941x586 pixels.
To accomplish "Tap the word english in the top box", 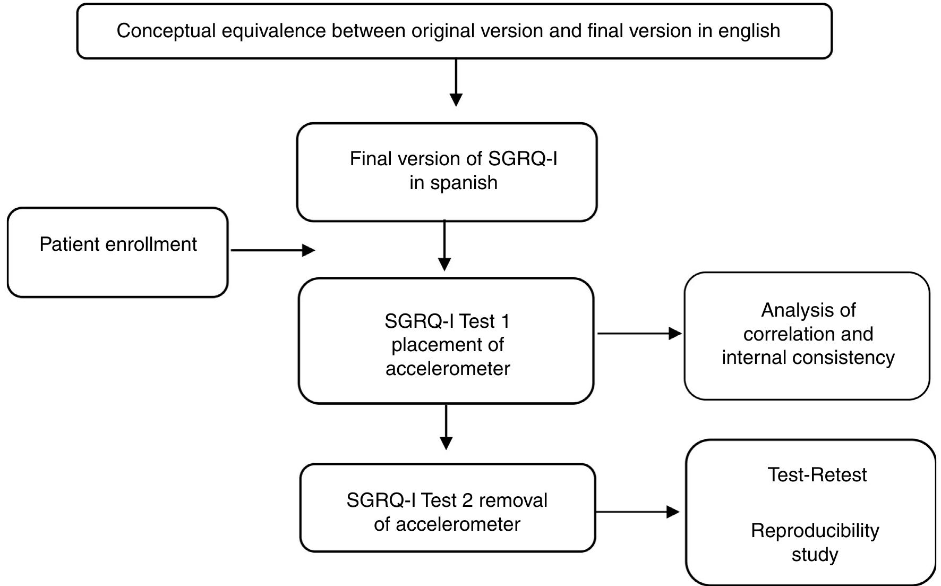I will (749, 31).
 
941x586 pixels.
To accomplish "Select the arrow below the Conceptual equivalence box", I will (456, 83).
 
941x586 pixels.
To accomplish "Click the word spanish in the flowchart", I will (464, 183).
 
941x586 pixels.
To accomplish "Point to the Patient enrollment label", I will (118, 244).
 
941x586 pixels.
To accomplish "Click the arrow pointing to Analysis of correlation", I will (639, 334).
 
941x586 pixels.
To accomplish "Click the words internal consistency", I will (808, 358).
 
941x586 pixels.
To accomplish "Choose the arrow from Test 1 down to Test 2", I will (446, 428).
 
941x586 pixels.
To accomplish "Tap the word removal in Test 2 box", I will (514, 500).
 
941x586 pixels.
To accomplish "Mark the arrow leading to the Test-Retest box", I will (637, 512).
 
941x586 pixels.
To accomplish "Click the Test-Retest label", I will (817, 474).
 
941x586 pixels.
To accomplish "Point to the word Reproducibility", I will (815, 531).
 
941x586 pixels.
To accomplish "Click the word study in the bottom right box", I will (815, 555).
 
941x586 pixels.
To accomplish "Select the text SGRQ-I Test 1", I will (447, 321).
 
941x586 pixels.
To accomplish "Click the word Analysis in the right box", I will (808, 310).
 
